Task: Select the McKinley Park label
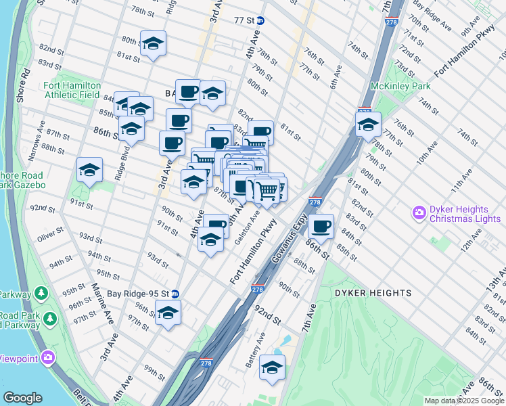pos(400,87)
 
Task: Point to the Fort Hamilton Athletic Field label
pos(72,90)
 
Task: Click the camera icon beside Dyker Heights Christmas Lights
pos(419,214)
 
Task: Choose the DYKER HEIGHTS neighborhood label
pos(372,293)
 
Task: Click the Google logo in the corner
pos(23,398)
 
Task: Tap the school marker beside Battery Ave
pos(273,367)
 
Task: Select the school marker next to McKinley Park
pos(368,125)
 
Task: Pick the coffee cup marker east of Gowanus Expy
pos(322,225)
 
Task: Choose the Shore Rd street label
pos(22,87)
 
